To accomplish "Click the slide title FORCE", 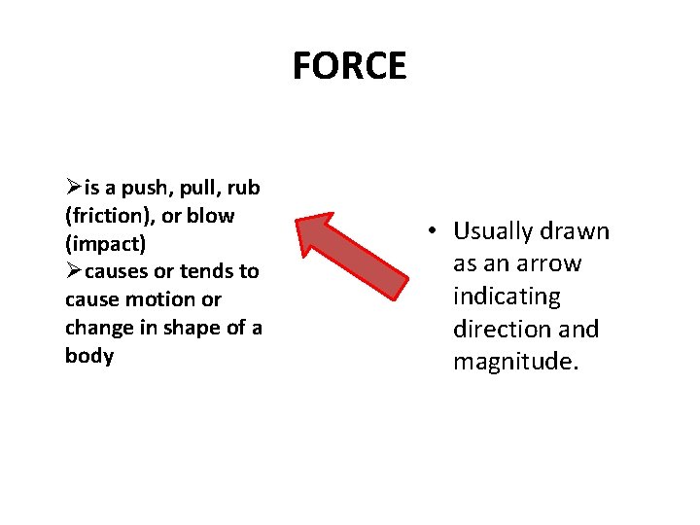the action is (349, 66).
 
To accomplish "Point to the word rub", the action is (243, 188).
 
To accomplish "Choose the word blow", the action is (212, 216).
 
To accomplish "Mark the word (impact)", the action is (105, 243).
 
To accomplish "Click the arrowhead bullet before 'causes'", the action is (75, 271).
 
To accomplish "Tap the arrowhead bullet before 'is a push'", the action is (75, 188).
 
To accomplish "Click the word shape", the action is (191, 328).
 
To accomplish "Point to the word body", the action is (89, 356).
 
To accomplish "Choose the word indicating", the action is (507, 297).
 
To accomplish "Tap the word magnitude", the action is (515, 363).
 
